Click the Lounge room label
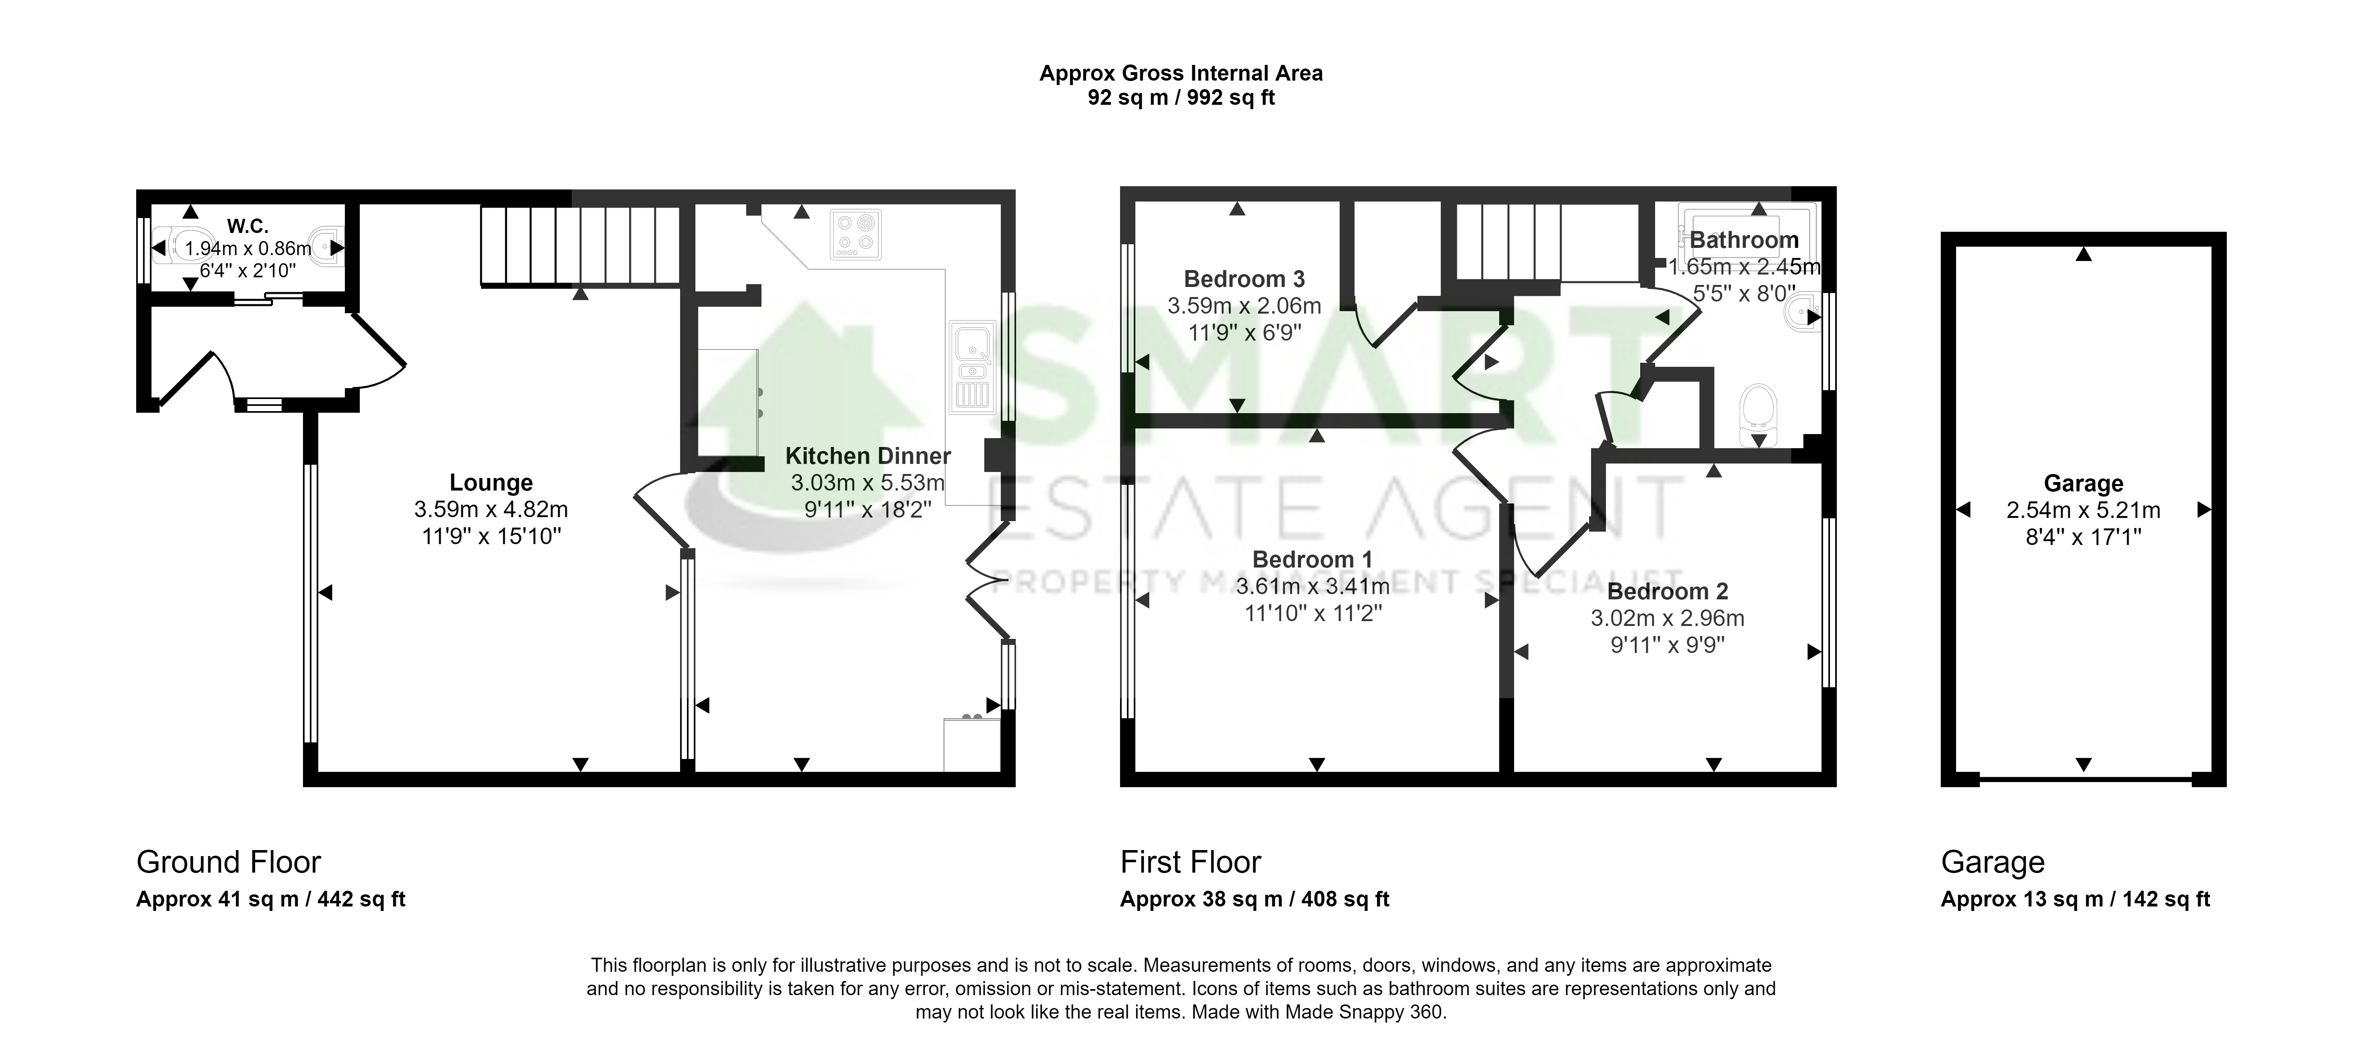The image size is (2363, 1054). coord(491,482)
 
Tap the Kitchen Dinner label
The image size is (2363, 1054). coord(868,456)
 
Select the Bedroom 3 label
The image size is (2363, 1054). coord(1244,279)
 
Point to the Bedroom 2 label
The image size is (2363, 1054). coord(1668,592)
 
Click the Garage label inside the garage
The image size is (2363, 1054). coord(2083,483)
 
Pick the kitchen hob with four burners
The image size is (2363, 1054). coord(856,234)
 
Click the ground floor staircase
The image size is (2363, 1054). coord(580,246)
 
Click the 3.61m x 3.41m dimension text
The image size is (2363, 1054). coord(1313,586)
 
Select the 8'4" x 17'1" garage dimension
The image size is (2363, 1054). coord(2083,536)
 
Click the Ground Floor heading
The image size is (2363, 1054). coord(228,862)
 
